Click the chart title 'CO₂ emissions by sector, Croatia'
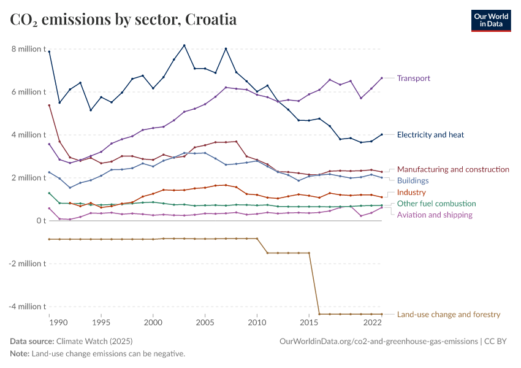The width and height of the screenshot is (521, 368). [123, 20]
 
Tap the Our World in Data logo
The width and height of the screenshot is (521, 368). [490, 20]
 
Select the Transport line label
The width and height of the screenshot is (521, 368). [413, 79]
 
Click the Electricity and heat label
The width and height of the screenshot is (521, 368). [430, 135]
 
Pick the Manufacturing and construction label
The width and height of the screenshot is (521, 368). [453, 169]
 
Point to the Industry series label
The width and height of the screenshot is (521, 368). [411, 193]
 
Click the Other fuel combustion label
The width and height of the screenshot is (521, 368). [436, 204]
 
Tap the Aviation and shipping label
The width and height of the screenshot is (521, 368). [435, 215]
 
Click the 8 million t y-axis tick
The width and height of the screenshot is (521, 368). [28, 49]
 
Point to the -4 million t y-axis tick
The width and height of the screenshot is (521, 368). [27, 307]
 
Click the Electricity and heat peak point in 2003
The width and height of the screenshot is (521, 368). [184, 45]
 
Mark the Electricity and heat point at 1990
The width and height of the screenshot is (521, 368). [49, 52]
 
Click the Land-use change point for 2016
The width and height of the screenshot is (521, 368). [319, 314]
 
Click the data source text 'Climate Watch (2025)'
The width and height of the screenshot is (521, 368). [94, 341]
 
